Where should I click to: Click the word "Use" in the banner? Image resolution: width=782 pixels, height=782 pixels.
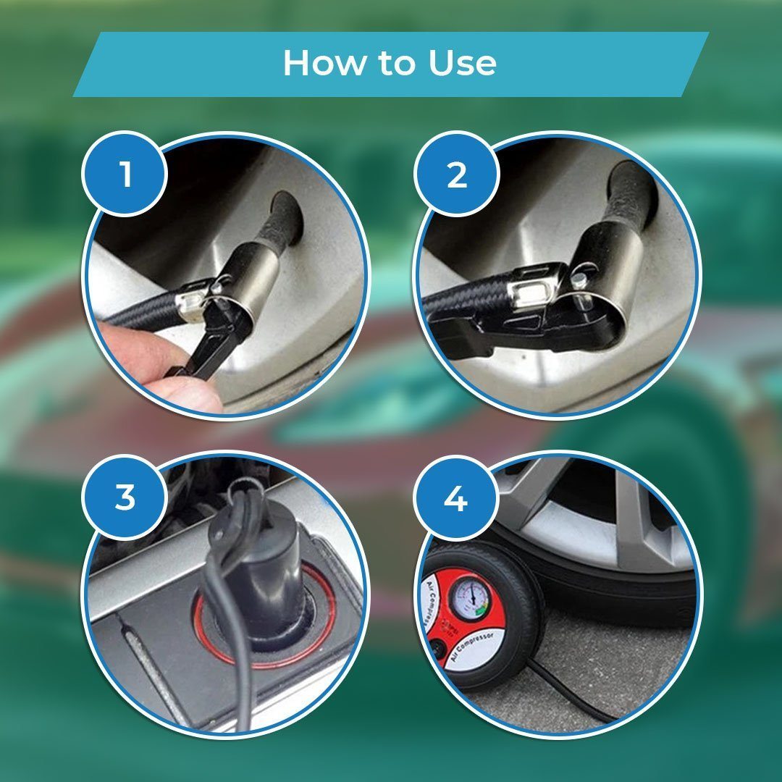pyautogui.click(x=463, y=64)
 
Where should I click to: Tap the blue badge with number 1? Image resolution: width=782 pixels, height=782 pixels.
pyautogui.click(x=126, y=175)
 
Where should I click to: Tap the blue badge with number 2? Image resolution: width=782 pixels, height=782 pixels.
pyautogui.click(x=457, y=175)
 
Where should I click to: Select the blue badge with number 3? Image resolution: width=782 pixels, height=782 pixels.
pyautogui.click(x=126, y=498)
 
